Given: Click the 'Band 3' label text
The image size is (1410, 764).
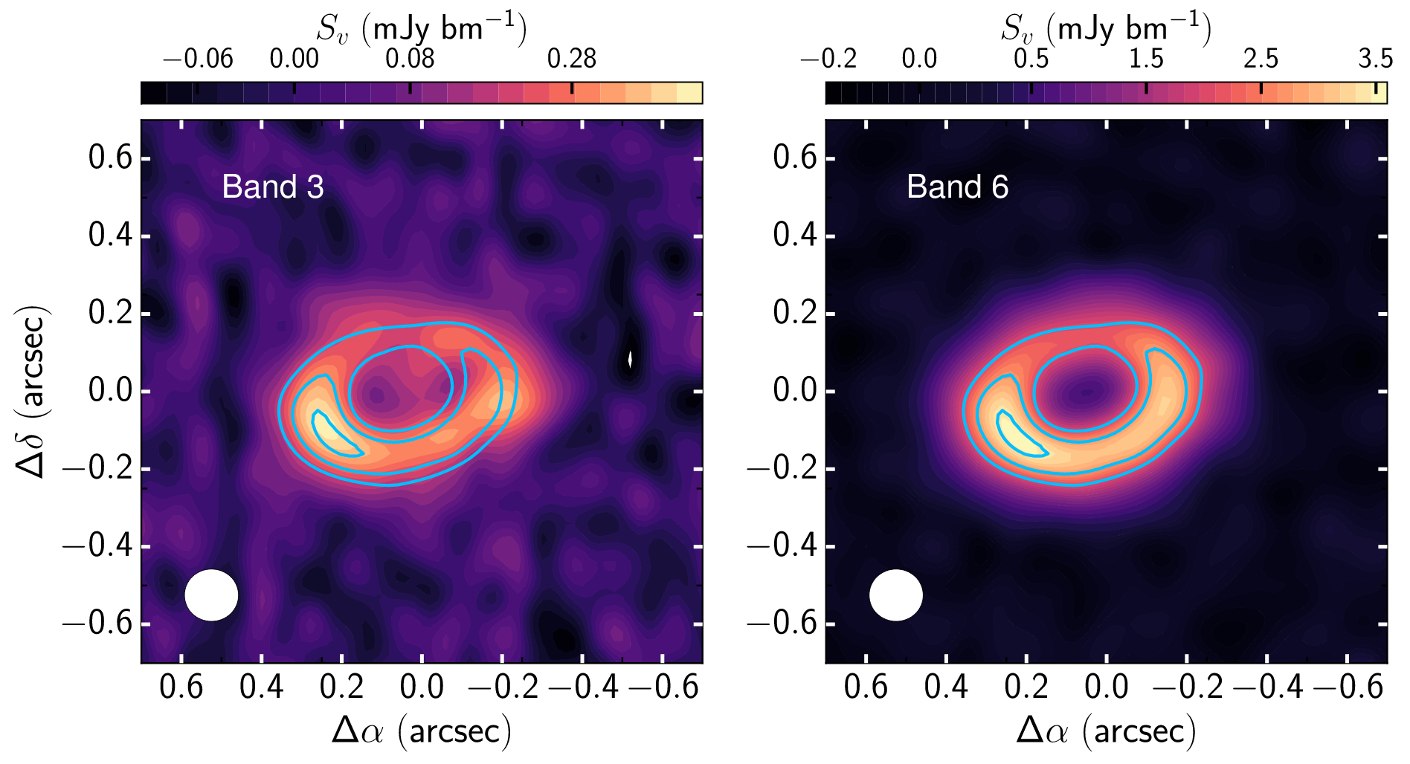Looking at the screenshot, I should click(272, 187).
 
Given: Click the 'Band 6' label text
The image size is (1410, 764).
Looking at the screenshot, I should click(957, 187).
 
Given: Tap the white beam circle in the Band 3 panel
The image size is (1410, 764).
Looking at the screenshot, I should click(211, 595).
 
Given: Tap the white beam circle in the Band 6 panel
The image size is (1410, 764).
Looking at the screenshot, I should click(896, 595).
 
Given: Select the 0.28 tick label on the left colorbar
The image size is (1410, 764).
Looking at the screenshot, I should click(571, 59).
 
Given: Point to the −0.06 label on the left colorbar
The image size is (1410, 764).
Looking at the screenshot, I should click(197, 59).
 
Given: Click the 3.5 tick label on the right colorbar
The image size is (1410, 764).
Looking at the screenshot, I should click(1374, 59).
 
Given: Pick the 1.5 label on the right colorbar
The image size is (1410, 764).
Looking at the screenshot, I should click(1145, 59).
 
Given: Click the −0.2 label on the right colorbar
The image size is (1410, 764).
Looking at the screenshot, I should click(828, 59).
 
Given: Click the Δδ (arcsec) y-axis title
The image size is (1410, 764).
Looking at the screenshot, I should click(31, 391).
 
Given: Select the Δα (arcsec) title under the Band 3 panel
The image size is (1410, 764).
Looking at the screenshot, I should click(422, 731).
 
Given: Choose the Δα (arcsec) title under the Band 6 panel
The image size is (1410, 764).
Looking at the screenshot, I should click(1106, 731).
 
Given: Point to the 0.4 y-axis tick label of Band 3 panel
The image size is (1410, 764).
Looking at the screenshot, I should click(109, 236).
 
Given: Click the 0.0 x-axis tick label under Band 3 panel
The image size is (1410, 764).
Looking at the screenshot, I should click(422, 686).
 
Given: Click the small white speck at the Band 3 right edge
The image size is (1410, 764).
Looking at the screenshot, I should click(631, 360).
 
